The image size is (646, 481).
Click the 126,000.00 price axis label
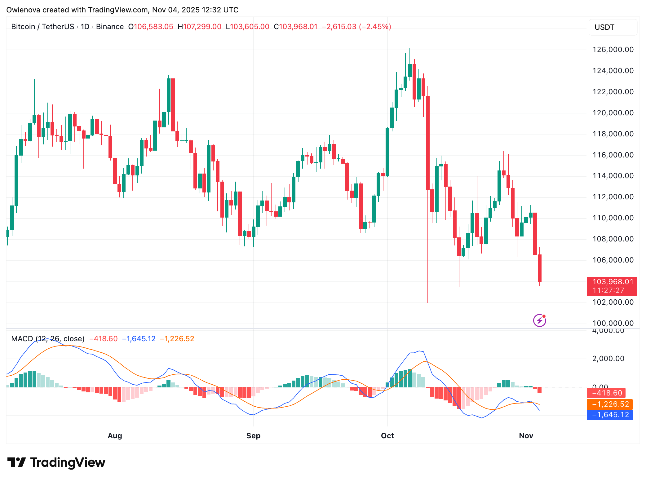(x=613, y=50)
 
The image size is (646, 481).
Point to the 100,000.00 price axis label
(x=613, y=323)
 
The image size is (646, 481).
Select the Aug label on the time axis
(x=115, y=436)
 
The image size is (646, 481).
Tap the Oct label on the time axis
(x=387, y=436)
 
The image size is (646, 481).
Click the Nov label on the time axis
(x=526, y=436)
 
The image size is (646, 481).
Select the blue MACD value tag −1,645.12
(x=610, y=415)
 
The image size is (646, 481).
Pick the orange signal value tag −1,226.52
(x=610, y=404)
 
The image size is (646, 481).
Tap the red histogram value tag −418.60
(x=606, y=393)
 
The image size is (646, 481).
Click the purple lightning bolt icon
(x=539, y=320)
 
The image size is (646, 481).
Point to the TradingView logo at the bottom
(x=56, y=462)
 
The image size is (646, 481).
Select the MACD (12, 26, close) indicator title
(x=48, y=339)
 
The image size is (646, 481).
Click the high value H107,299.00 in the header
(x=199, y=27)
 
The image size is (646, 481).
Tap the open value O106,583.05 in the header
(x=151, y=27)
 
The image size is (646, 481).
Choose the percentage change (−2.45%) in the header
(x=375, y=27)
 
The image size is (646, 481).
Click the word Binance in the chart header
(x=110, y=27)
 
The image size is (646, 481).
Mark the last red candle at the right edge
(x=540, y=268)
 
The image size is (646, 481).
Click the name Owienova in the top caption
(x=23, y=10)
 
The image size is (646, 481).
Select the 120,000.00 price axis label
(x=613, y=113)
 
